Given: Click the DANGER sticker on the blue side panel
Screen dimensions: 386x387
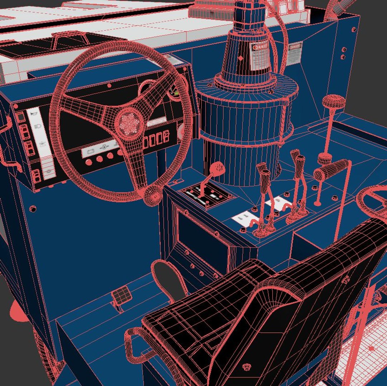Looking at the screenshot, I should point(295,52).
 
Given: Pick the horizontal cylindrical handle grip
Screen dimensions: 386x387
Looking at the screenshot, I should point(332,170).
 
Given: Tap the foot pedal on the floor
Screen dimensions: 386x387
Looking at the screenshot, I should point(121,295).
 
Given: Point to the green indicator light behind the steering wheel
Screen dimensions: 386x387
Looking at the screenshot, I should point(176,93).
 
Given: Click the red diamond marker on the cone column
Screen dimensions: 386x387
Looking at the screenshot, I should point(241,58).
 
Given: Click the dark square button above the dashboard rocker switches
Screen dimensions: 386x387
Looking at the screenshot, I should point(21,117).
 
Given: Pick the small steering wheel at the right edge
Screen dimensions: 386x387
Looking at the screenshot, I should point(372,200).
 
